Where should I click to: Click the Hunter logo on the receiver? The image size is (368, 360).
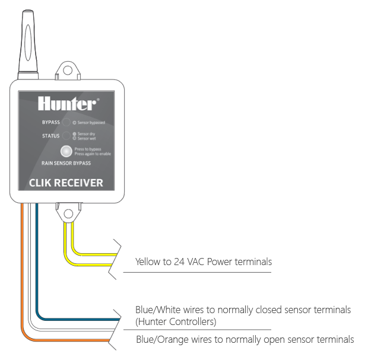[66, 104]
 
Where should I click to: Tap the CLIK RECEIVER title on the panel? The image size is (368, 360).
[66, 183]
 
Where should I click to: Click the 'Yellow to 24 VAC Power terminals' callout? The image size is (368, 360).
[204, 261]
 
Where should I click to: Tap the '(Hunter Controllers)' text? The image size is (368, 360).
[176, 322]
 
